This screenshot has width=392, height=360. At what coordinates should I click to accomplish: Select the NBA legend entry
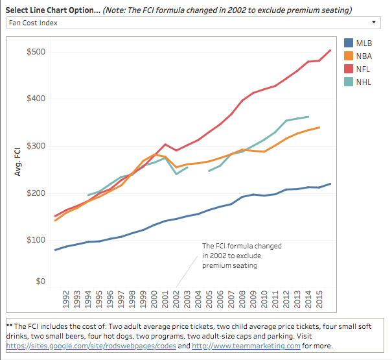point(364,56)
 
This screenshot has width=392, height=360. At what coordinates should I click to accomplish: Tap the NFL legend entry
point(363,69)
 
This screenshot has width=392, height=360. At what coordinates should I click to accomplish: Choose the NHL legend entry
point(364,82)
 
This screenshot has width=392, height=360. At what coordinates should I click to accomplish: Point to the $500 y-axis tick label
point(36,52)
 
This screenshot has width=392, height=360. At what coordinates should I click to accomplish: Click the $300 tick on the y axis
point(36,146)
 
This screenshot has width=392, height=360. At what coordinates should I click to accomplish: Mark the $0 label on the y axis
point(40,282)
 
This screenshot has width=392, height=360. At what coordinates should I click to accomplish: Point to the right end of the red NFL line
point(330,50)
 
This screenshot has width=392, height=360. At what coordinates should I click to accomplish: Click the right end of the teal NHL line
point(308,117)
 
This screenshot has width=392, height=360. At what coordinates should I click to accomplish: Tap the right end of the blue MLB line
point(330,184)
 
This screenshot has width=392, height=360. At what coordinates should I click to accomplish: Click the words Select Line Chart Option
point(49,10)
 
